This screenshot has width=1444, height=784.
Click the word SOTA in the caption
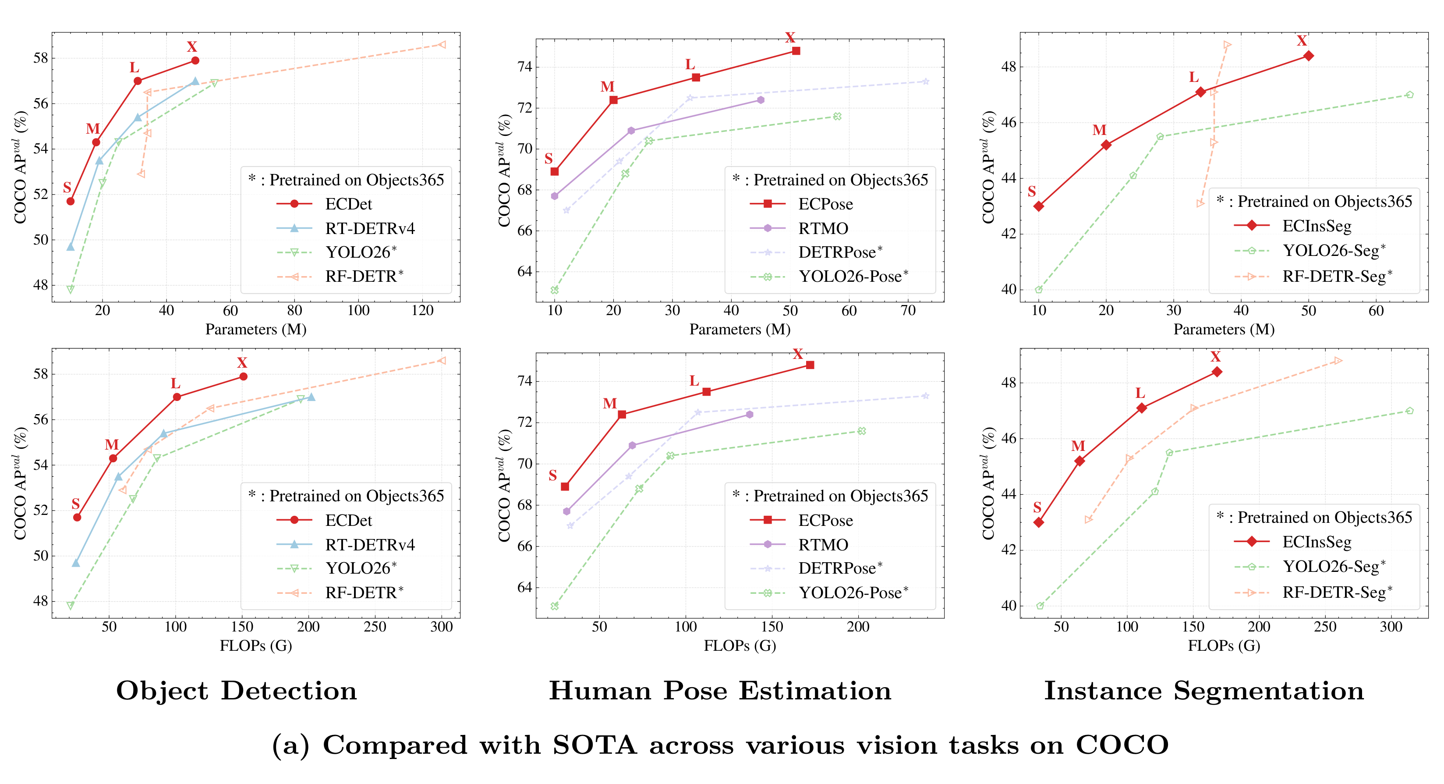[595, 745]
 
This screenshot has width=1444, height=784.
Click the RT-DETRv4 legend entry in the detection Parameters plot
[369, 228]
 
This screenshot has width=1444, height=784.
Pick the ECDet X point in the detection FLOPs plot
[243, 376]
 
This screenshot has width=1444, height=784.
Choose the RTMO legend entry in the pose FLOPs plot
[823, 545]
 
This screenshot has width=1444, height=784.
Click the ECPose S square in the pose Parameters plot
[554, 172]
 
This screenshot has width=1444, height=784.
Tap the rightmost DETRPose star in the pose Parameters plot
[925, 82]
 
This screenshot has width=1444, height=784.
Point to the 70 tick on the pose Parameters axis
[908, 311]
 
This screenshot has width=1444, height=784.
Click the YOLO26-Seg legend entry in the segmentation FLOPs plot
[1334, 566]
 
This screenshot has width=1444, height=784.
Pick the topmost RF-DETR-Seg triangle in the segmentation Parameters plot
[1227, 45]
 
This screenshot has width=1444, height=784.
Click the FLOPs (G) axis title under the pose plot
[740, 646]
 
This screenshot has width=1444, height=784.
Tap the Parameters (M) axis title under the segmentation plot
[1224, 330]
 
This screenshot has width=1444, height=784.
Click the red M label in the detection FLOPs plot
[112, 445]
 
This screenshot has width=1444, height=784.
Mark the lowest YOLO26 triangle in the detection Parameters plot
[71, 289]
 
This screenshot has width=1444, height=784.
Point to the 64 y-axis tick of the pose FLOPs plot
[523, 587]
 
